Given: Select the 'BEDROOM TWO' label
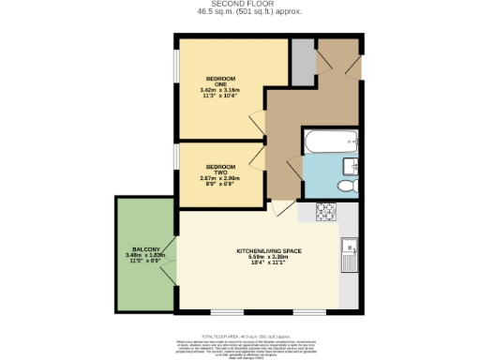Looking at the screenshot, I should (219, 168).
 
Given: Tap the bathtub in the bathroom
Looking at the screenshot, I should (328, 142).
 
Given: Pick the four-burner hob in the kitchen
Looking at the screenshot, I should (328, 212).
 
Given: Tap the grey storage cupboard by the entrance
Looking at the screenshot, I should (302, 62).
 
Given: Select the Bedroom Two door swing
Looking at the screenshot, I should (258, 156).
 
